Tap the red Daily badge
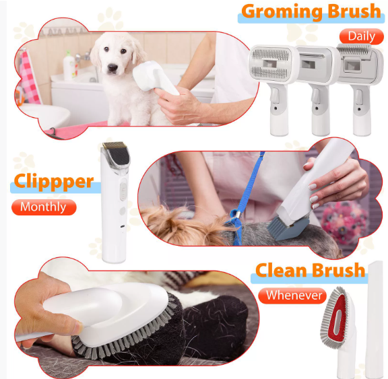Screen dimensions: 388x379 point(362,36)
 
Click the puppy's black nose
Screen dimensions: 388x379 point(112,67)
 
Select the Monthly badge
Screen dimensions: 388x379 point(44,207)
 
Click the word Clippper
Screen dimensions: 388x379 point(54,182)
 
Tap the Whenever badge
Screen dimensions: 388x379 point(293,296)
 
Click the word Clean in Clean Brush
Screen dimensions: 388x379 point(280,270)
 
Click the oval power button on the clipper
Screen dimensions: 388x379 point(123,191)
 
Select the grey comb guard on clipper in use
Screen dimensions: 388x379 point(288,228)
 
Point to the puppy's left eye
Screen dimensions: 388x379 point(106,49)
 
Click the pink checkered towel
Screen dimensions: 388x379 point(30,77)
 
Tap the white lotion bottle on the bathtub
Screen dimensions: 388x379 point(69,65)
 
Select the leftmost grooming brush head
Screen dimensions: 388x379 point(271,64)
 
